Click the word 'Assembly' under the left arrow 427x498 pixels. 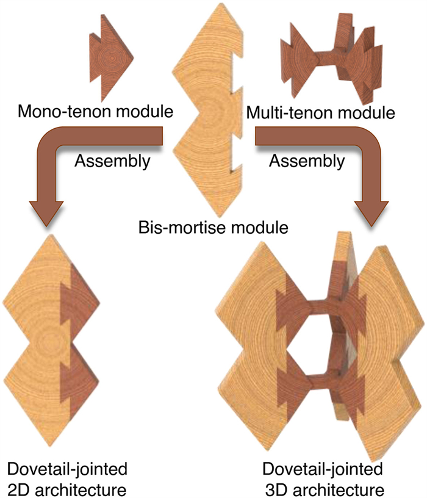(110, 162)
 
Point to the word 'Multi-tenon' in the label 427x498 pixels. (286, 112)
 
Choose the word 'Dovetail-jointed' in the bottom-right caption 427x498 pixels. (323, 469)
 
